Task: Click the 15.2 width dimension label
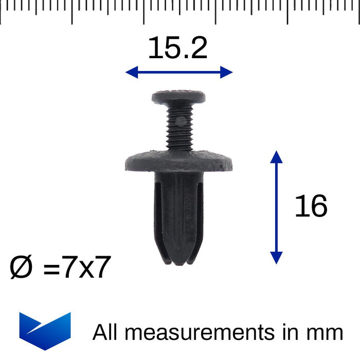tap(177, 49)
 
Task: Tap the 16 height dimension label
tap(311, 207)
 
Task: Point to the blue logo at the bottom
tap(45, 330)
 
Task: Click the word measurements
tap(200, 332)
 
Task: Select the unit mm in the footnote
tap(326, 332)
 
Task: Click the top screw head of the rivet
tap(179, 96)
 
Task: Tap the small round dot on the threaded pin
tap(181, 121)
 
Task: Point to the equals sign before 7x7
tap(51, 269)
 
